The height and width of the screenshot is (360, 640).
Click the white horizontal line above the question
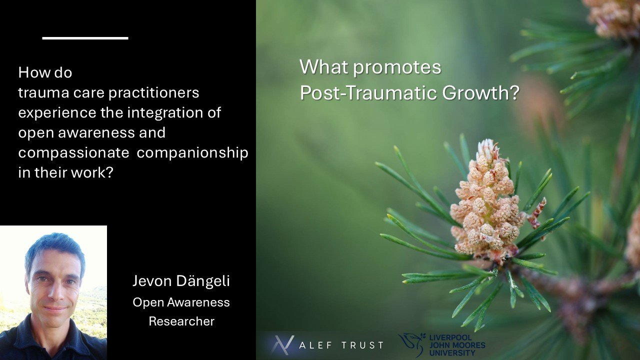(x=85, y=38)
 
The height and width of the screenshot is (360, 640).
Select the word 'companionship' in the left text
(x=192, y=153)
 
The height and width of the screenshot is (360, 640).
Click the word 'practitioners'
(x=152, y=93)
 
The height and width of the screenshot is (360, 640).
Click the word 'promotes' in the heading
(x=399, y=67)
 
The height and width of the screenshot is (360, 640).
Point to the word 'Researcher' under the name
(x=181, y=321)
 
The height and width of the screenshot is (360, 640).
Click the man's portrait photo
(x=53, y=292)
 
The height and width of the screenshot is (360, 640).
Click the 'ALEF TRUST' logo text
(x=341, y=345)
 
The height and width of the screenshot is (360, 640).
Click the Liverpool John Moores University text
(x=457, y=345)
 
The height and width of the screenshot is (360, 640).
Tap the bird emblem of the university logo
(x=411, y=344)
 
